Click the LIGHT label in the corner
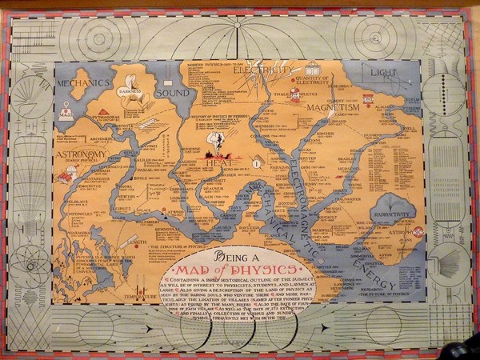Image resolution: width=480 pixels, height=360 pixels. click(382, 73)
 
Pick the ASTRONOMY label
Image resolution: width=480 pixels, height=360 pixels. click(82, 154)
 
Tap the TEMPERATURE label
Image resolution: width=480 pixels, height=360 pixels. click(140, 296)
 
